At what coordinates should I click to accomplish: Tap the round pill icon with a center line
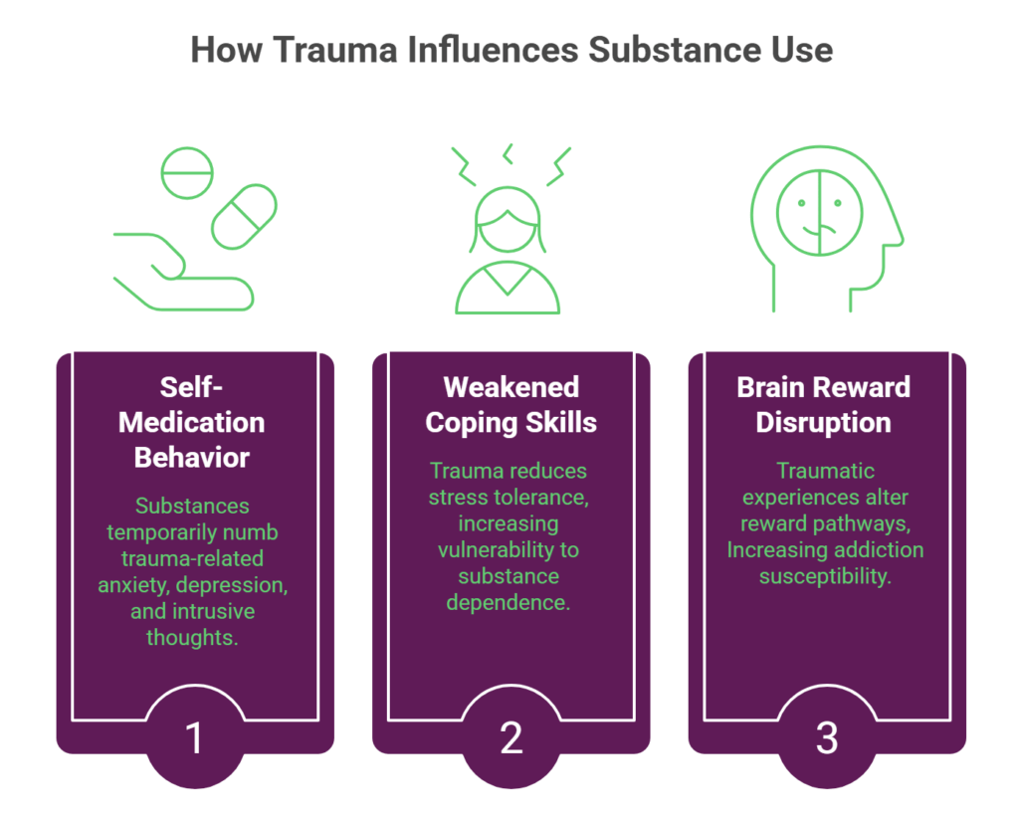click(x=187, y=175)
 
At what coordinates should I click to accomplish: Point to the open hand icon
click(x=179, y=271)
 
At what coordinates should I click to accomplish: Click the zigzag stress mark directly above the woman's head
click(x=509, y=153)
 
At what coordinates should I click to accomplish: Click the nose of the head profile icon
click(x=899, y=237)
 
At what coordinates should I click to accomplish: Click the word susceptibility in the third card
click(x=824, y=576)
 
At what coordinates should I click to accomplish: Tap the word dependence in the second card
click(x=509, y=602)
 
